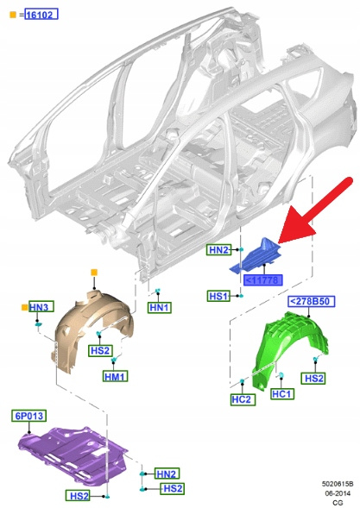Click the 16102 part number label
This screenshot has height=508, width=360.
(41, 15)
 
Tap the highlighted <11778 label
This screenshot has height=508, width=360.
(263, 280)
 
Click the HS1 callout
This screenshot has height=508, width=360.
(218, 296)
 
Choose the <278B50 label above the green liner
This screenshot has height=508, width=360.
(311, 301)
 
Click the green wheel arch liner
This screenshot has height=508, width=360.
(289, 348)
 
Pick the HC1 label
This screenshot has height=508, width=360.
(282, 393)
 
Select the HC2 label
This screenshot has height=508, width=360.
(243, 399)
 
